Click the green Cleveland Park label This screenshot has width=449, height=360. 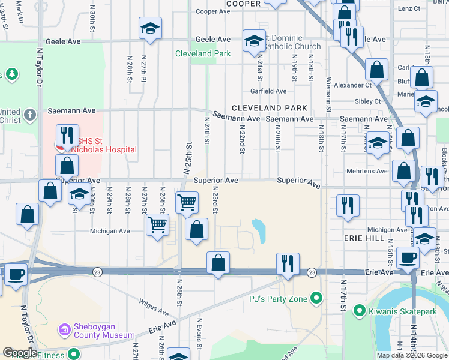[203, 53]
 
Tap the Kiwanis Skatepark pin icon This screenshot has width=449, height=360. [360, 310]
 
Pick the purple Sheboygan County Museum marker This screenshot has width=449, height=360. [65, 329]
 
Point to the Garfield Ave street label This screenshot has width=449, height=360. [268, 91]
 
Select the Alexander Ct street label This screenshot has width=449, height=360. [353, 85]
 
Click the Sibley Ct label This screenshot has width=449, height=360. [368, 101]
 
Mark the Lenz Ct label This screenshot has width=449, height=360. [409, 9]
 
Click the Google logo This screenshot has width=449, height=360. [20, 353]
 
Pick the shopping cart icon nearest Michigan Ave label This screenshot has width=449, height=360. [157, 225]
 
